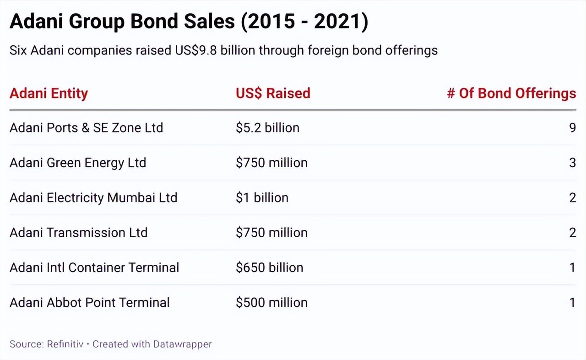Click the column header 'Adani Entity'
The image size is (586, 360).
[x=49, y=93]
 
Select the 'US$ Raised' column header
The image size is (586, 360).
[x=273, y=93]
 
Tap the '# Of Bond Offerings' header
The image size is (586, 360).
[x=511, y=93]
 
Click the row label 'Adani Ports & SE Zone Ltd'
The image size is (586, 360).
[x=86, y=127]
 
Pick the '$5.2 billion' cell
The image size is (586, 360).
[x=267, y=127]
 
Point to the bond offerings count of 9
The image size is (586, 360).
[x=572, y=127]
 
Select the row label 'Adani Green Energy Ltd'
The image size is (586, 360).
[x=78, y=163]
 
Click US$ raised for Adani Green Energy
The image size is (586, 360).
[x=271, y=163]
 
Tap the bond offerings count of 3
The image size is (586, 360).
[x=572, y=163]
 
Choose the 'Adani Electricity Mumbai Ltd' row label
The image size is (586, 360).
[x=93, y=198]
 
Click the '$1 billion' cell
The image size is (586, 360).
[x=262, y=198]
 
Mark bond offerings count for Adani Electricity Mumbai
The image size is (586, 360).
[x=572, y=198]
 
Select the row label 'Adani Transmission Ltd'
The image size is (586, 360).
[x=78, y=233]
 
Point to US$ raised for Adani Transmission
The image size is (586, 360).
[x=271, y=233]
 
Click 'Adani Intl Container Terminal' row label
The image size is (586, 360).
[x=94, y=267]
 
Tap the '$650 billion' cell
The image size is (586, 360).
[x=269, y=267]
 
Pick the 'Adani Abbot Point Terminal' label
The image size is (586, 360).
[x=90, y=303]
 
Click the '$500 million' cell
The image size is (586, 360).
[x=271, y=303]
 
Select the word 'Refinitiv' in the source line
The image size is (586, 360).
[x=65, y=344]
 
